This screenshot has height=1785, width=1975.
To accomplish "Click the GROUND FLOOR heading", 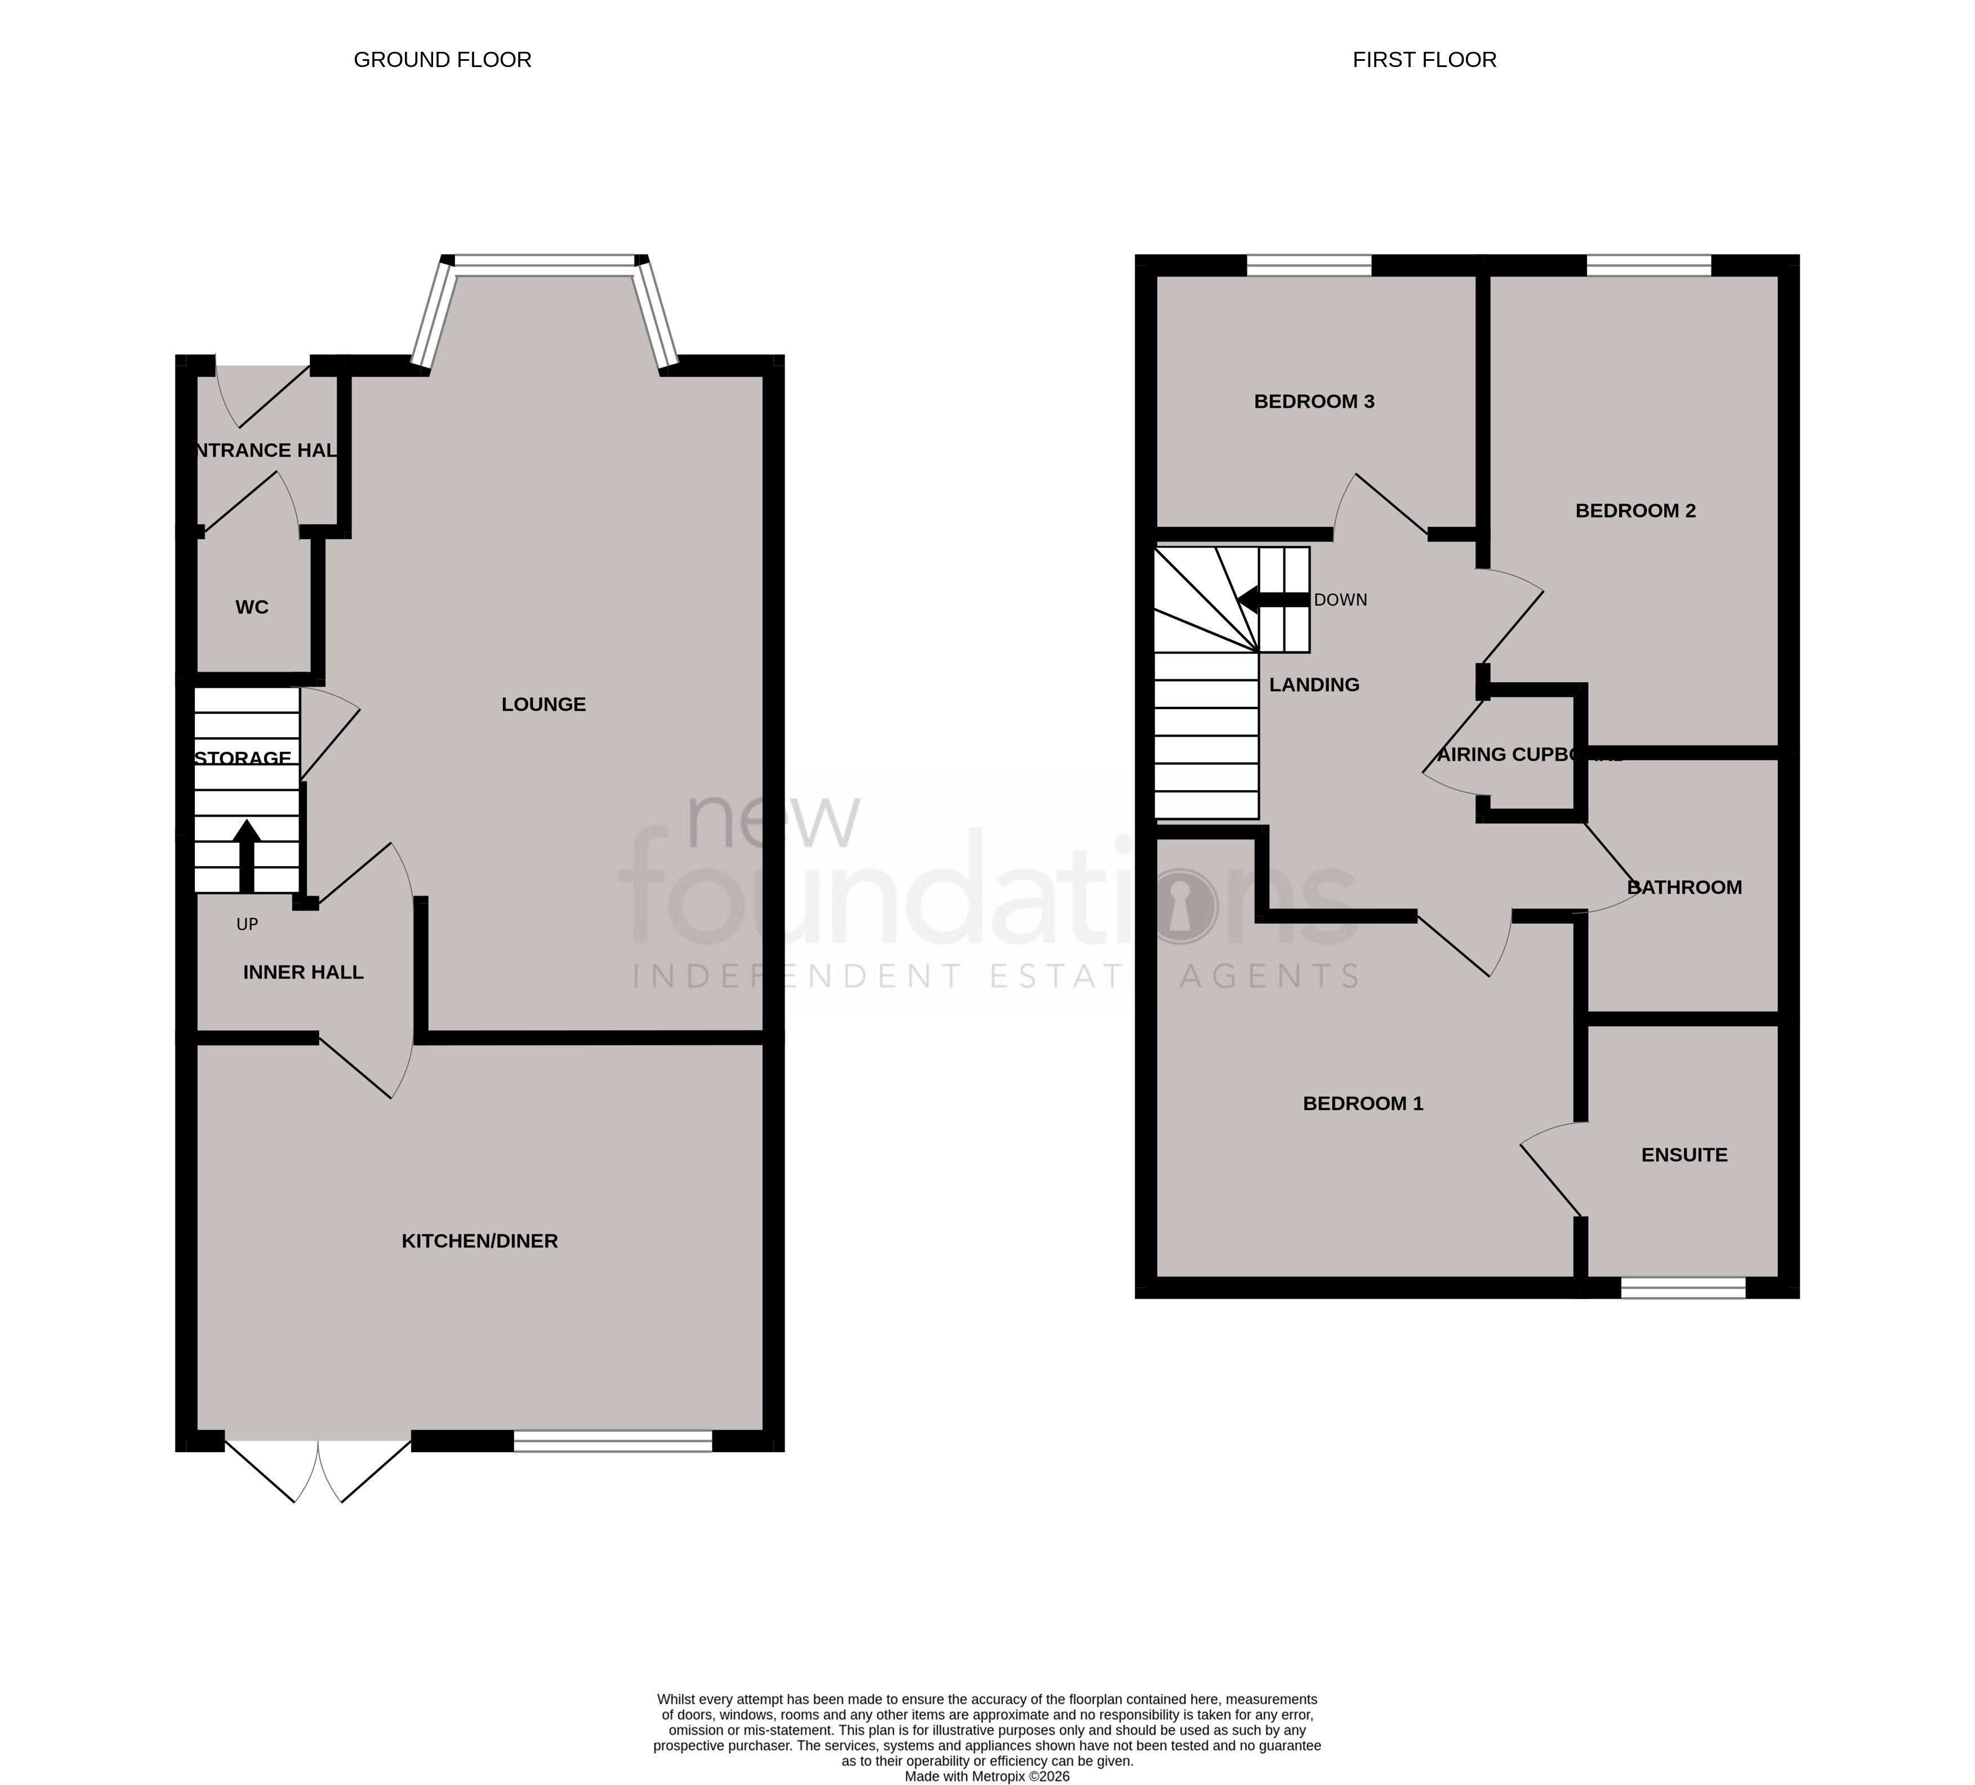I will [x=442, y=60].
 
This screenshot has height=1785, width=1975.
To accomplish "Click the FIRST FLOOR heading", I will [x=1424, y=60].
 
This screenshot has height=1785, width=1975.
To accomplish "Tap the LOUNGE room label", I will [x=543, y=705].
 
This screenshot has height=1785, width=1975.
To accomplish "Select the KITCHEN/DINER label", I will [x=479, y=1241].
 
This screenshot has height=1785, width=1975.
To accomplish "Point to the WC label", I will [x=252, y=607].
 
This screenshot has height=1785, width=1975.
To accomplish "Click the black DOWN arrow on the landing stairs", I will [x=1272, y=599].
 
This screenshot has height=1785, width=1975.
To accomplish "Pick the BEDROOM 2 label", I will [x=1635, y=510].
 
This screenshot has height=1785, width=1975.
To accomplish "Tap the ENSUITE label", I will [x=1684, y=1155].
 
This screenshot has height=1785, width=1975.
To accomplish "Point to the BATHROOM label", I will [x=1684, y=888].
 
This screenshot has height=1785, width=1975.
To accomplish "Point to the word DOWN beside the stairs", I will [x=1340, y=600].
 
